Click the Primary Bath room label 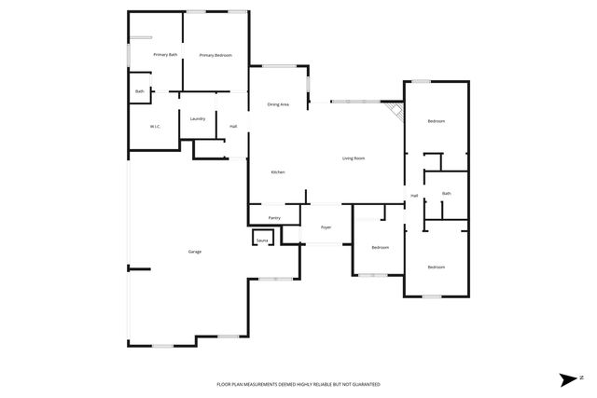[152, 56]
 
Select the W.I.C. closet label [156, 126]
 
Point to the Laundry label [197, 118]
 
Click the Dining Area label [278, 104]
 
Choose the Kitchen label [277, 172]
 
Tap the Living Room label [353, 158]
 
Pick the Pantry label [274, 218]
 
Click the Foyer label [326, 227]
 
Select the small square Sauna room [262, 240]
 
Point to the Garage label [195, 252]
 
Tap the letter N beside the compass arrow [580, 378]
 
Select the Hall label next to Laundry [233, 126]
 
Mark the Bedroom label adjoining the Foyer [380, 247]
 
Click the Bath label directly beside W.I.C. [139, 91]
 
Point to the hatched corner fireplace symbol [396, 111]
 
